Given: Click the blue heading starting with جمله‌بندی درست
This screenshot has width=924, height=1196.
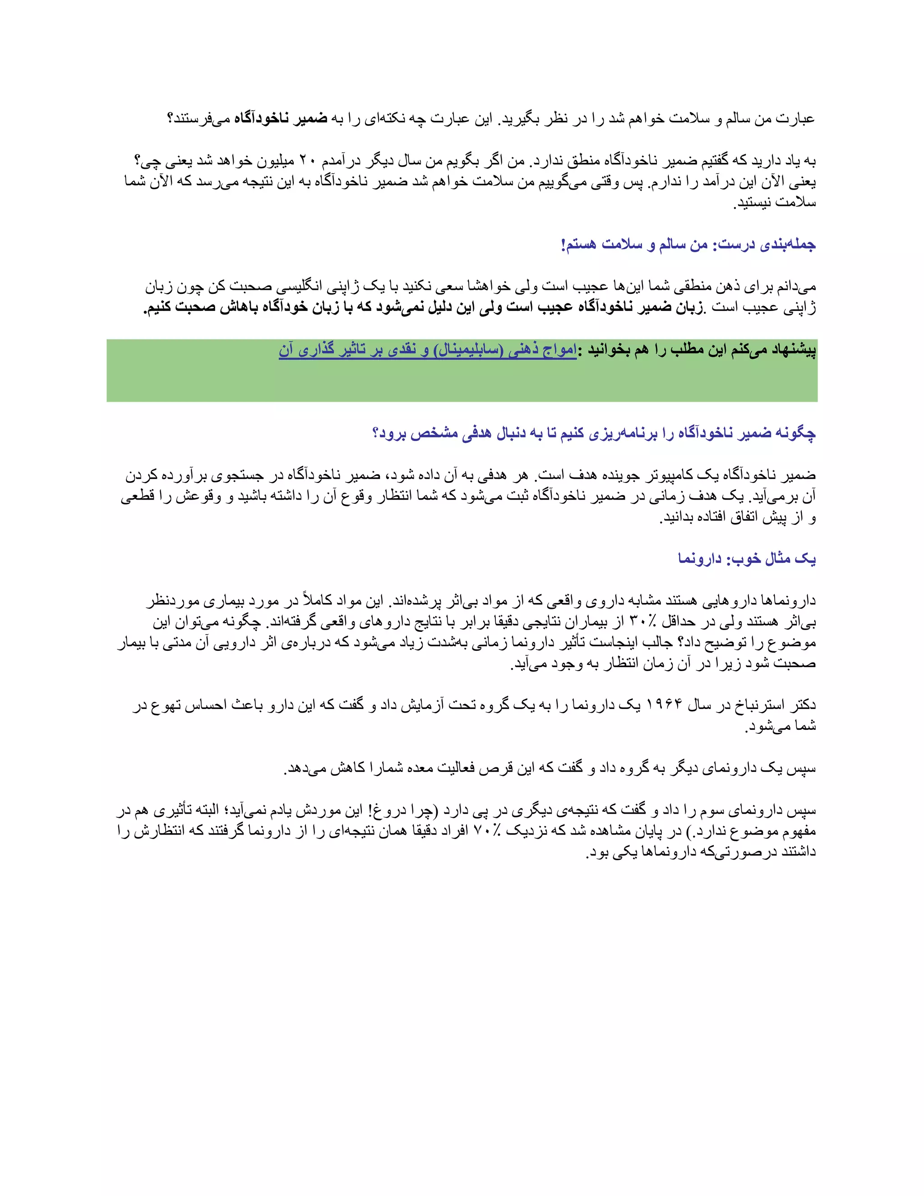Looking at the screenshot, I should [x=688, y=244].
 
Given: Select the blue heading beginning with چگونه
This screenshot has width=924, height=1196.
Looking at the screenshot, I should [x=594, y=433].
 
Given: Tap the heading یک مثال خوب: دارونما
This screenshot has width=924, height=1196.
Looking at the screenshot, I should [x=747, y=559].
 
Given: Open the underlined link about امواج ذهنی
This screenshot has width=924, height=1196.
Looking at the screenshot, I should [x=427, y=350].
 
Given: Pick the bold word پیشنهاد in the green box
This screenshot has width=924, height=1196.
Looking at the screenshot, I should [x=793, y=350].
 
